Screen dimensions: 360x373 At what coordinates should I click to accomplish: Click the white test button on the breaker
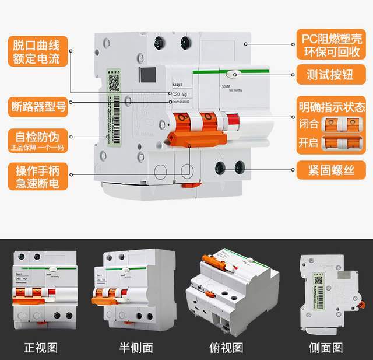[233, 74]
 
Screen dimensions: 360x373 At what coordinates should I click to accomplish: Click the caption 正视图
[41, 348]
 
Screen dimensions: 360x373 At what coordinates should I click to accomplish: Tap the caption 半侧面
[136, 348]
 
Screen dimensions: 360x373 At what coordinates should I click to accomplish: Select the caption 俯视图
[226, 348]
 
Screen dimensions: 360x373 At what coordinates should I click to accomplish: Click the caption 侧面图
[326, 348]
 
